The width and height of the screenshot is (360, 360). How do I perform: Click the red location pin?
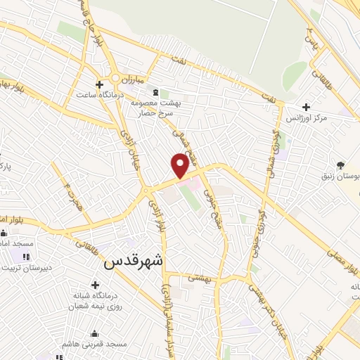[x=180, y=165]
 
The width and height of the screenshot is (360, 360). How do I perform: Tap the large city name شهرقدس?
[x=134, y=261]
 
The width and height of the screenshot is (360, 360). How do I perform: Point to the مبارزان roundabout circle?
[x=113, y=77]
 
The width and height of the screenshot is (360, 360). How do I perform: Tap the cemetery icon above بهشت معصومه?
[x=155, y=92]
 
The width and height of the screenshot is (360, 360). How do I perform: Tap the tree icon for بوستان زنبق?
[x=341, y=165]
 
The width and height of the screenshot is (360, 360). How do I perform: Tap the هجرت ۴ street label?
[x=68, y=191]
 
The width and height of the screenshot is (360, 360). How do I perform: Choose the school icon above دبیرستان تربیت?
[x=27, y=257]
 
